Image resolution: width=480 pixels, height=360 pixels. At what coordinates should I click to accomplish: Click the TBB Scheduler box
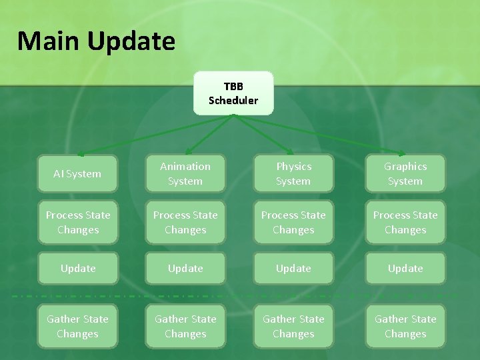pos(233,93)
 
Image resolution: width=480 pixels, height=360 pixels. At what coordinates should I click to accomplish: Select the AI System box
pos(77,174)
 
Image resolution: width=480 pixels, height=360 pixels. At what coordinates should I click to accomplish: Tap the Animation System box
pos(185,174)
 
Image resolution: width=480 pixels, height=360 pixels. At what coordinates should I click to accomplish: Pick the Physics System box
pos(293,174)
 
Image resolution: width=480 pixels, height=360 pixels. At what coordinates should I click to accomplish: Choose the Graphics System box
pos(405,174)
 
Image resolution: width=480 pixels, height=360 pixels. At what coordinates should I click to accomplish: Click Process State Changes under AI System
pos(77,223)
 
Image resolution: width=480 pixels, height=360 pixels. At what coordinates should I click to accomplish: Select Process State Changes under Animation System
pos(185,223)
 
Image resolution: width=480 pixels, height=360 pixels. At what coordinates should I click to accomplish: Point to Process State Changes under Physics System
pos(293,223)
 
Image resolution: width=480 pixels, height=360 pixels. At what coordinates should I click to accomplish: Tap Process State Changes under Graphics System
pos(405,223)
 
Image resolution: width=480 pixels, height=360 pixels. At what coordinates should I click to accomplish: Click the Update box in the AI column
pos(77,269)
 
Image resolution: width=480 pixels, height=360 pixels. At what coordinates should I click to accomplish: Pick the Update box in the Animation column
pos(185,269)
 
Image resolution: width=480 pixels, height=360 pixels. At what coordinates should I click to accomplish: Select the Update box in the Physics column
pos(293,269)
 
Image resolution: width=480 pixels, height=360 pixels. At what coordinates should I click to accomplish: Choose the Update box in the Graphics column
pos(405,269)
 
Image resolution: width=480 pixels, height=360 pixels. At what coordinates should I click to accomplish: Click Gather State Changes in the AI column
pos(77,327)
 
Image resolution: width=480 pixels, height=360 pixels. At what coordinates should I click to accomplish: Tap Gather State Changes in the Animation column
pos(185,327)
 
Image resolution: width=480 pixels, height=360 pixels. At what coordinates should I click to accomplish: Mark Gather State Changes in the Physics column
pos(293,327)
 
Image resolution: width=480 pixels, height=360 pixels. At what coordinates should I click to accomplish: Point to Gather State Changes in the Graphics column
pos(405,327)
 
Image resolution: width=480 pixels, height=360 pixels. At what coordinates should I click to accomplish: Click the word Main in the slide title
pos(48,41)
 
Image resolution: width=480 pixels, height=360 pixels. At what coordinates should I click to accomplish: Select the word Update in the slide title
pos(131,41)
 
